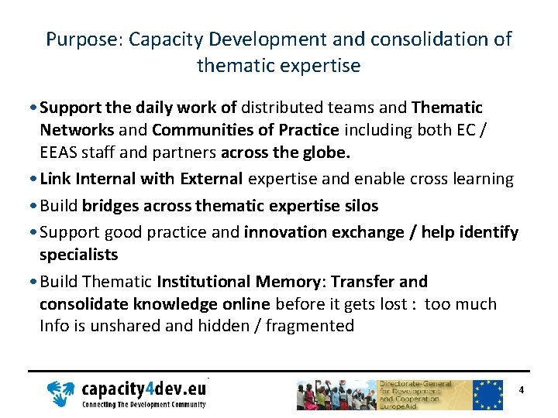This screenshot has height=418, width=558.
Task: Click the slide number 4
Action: (522, 390)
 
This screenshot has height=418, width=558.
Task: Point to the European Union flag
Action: (487, 394)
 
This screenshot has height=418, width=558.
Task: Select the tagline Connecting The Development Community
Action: (144, 404)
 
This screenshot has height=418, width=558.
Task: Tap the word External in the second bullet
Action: (212, 179)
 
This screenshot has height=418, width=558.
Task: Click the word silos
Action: (356, 205)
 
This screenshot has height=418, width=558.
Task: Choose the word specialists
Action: (79, 255)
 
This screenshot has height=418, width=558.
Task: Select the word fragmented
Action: (310, 326)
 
